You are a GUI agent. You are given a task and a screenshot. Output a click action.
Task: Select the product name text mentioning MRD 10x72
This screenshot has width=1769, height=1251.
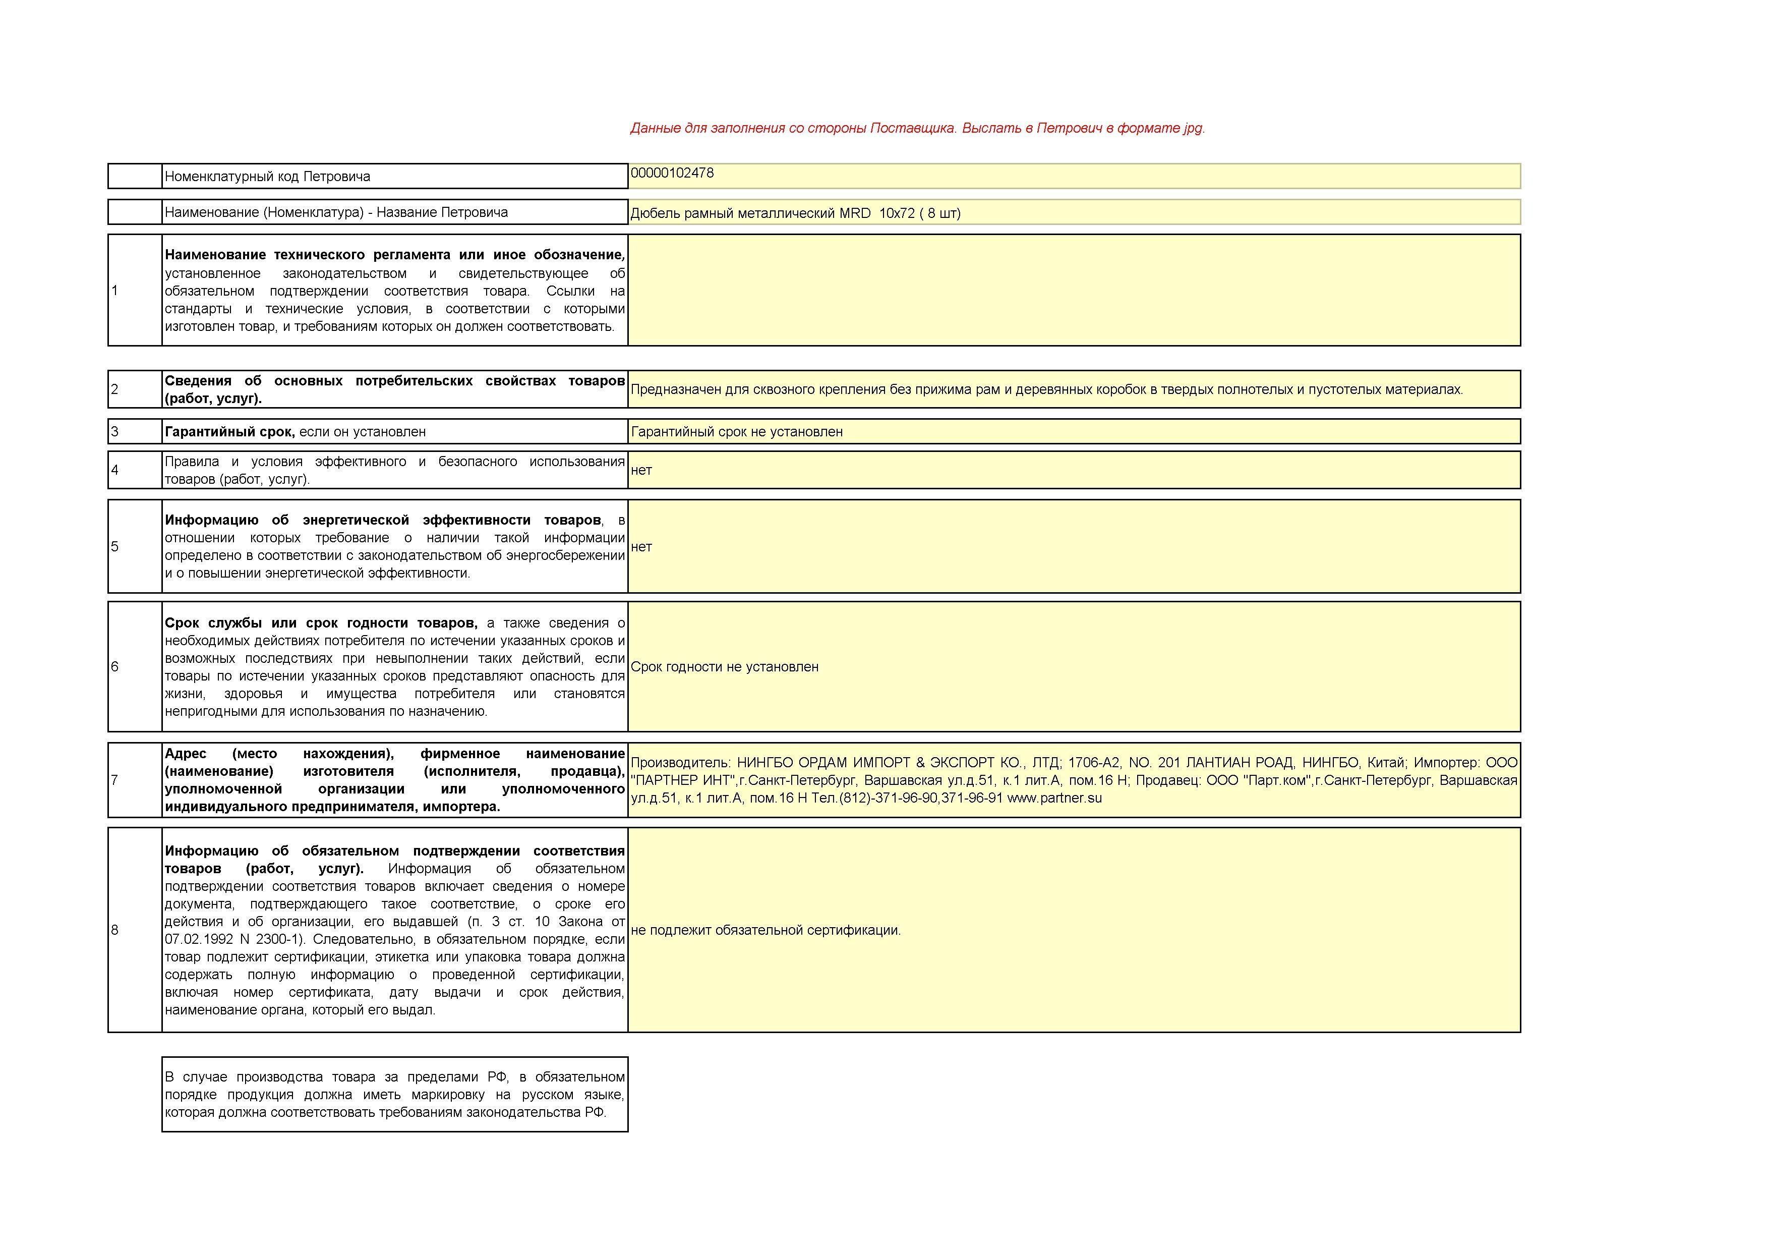coord(795,213)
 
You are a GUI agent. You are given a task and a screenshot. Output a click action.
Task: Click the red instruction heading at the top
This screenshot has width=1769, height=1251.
coord(917,128)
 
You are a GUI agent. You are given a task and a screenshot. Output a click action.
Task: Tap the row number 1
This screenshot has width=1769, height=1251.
coord(115,291)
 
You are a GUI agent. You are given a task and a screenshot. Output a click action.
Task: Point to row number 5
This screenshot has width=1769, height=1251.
coord(115,546)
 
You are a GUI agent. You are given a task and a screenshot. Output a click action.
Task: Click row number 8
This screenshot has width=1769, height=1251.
coord(115,930)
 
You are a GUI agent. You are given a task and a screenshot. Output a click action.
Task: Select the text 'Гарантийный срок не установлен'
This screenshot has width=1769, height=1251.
coord(737,432)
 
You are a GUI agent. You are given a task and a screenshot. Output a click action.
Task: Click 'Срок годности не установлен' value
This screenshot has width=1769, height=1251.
coord(724,667)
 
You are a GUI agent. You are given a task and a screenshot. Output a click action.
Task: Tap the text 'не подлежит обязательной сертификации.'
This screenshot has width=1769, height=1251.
coord(765,930)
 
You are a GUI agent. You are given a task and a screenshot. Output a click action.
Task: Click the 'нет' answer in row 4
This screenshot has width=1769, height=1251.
coord(641,470)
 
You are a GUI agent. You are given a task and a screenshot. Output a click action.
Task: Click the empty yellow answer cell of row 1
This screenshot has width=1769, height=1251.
coord(1074,291)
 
